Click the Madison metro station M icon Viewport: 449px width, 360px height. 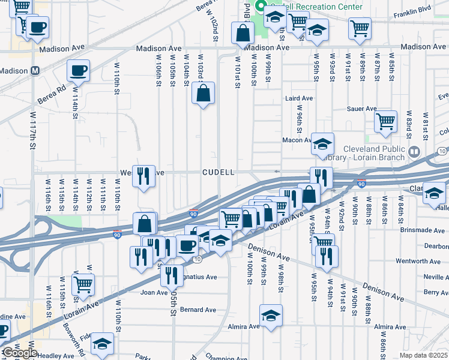(35, 71)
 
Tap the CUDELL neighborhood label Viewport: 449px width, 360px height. (218, 172)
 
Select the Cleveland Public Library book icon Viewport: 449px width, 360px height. (413, 152)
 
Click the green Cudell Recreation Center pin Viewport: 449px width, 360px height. (261, 7)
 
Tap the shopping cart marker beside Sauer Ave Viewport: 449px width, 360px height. (385, 121)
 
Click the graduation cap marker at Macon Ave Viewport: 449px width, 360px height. (322, 143)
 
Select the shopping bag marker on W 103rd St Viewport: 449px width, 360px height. (203, 93)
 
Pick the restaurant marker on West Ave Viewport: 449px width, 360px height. (143, 176)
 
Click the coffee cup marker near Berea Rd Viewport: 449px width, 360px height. (78, 71)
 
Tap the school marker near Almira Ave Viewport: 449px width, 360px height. (271, 315)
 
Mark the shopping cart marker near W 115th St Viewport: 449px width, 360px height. (83, 283)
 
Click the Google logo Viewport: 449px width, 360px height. (20, 353)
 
